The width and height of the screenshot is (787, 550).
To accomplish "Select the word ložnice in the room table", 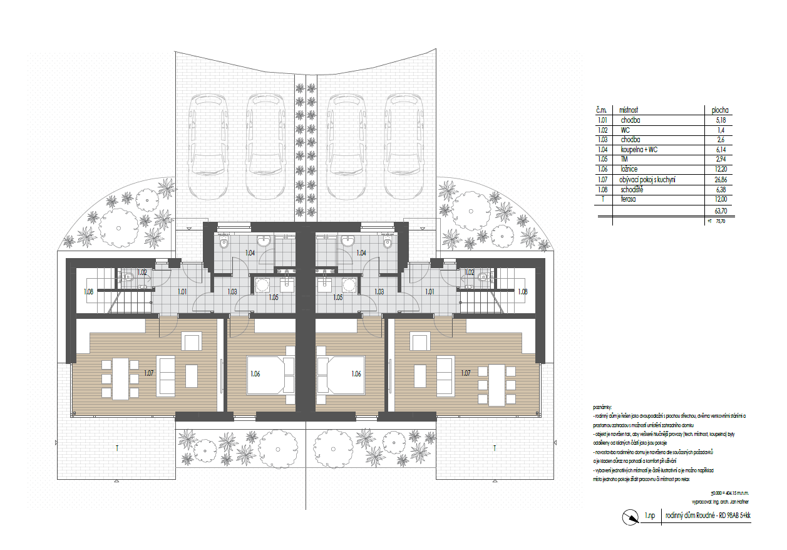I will pyautogui.click(x=630, y=170).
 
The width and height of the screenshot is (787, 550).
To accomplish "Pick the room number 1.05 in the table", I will pyautogui.click(x=602, y=160).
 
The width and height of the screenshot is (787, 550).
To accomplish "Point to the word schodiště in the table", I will pyautogui.click(x=632, y=190).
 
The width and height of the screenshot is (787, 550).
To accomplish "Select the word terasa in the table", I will pyautogui.click(x=630, y=200).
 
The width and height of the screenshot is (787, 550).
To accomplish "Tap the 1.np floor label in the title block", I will pyautogui.click(x=651, y=517).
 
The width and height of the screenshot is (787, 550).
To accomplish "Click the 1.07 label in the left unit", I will pyautogui.click(x=149, y=373).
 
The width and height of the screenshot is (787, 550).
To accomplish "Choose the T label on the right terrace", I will pyautogui.click(x=495, y=448).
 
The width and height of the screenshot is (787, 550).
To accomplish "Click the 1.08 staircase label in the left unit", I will pyautogui.click(x=89, y=291).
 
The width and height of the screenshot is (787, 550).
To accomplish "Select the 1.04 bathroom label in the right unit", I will pyautogui.click(x=361, y=253).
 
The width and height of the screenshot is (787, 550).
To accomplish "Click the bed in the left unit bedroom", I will pyautogui.click(x=269, y=375).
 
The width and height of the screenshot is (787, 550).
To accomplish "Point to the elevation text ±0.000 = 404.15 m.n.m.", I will pyautogui.click(x=730, y=493).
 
